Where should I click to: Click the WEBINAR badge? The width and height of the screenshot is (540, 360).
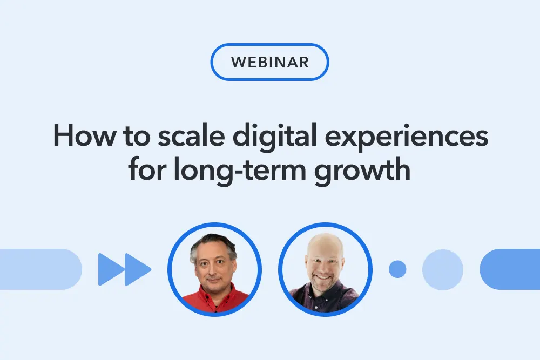pos(269,62)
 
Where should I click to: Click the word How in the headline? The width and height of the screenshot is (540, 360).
pos(84,135)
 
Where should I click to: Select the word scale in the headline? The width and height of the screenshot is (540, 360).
pos(191,135)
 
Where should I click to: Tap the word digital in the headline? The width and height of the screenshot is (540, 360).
pos(274,138)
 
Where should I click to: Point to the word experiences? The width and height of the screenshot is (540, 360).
pos(407,138)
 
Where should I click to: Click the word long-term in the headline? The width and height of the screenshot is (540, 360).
pos(240,171)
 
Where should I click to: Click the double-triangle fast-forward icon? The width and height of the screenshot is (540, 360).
pos(124,269)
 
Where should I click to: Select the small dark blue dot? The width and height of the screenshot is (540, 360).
pos(397,269)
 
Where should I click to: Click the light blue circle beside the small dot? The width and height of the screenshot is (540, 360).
pos(443,269)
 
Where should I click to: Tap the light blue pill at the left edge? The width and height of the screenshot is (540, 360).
pos(40,269)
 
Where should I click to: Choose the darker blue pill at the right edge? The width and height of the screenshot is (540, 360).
pos(510,269)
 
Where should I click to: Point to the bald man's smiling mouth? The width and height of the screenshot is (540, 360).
pos(323,277)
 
